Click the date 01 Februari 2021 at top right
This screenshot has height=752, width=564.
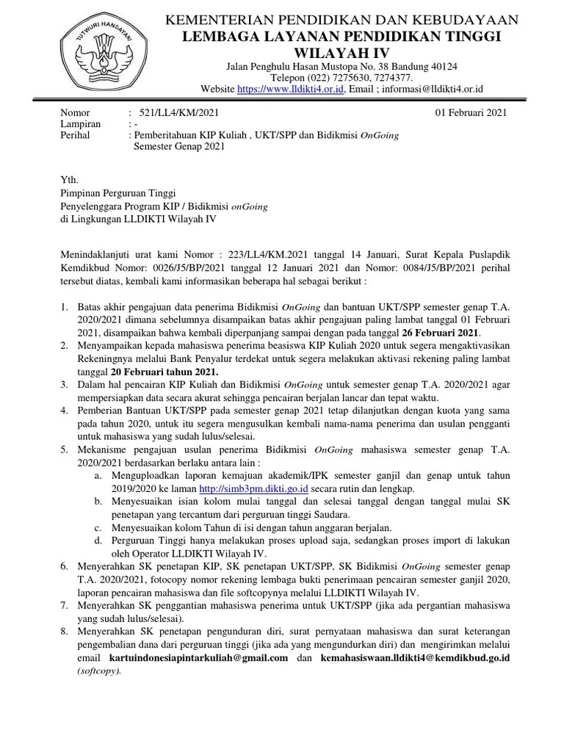point(471,112)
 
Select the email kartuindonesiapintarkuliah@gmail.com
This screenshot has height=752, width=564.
point(211,657)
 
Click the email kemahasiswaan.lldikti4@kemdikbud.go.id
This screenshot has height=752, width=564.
point(415,657)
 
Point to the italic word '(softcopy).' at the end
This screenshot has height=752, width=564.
point(99,670)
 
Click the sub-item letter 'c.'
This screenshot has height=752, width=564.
point(98,528)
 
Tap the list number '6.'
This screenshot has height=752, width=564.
point(65,567)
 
